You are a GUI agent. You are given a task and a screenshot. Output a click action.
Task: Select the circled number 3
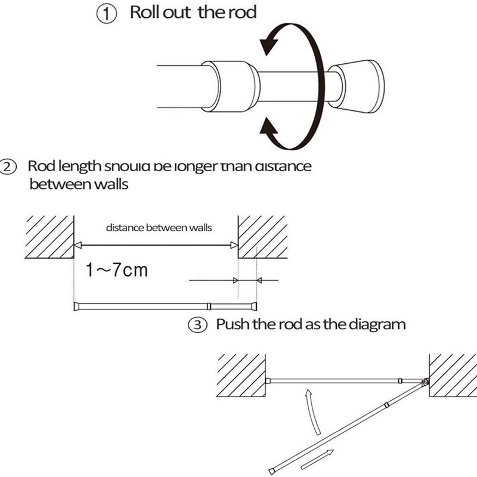(199, 326)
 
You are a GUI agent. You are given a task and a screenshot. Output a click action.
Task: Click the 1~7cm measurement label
(116, 271)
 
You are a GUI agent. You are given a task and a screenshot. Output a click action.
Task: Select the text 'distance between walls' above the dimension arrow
(159, 227)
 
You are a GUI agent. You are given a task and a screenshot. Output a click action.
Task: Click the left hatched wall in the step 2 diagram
(49, 236)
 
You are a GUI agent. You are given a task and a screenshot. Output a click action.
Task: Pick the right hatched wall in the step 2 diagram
(262, 236)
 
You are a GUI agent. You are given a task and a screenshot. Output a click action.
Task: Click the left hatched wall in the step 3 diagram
(241, 375)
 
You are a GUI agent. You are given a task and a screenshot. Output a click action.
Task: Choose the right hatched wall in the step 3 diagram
(453, 375)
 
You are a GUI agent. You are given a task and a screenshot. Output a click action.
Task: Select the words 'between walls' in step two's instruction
(79, 183)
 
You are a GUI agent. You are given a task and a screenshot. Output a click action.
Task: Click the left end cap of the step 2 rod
(76, 307)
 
